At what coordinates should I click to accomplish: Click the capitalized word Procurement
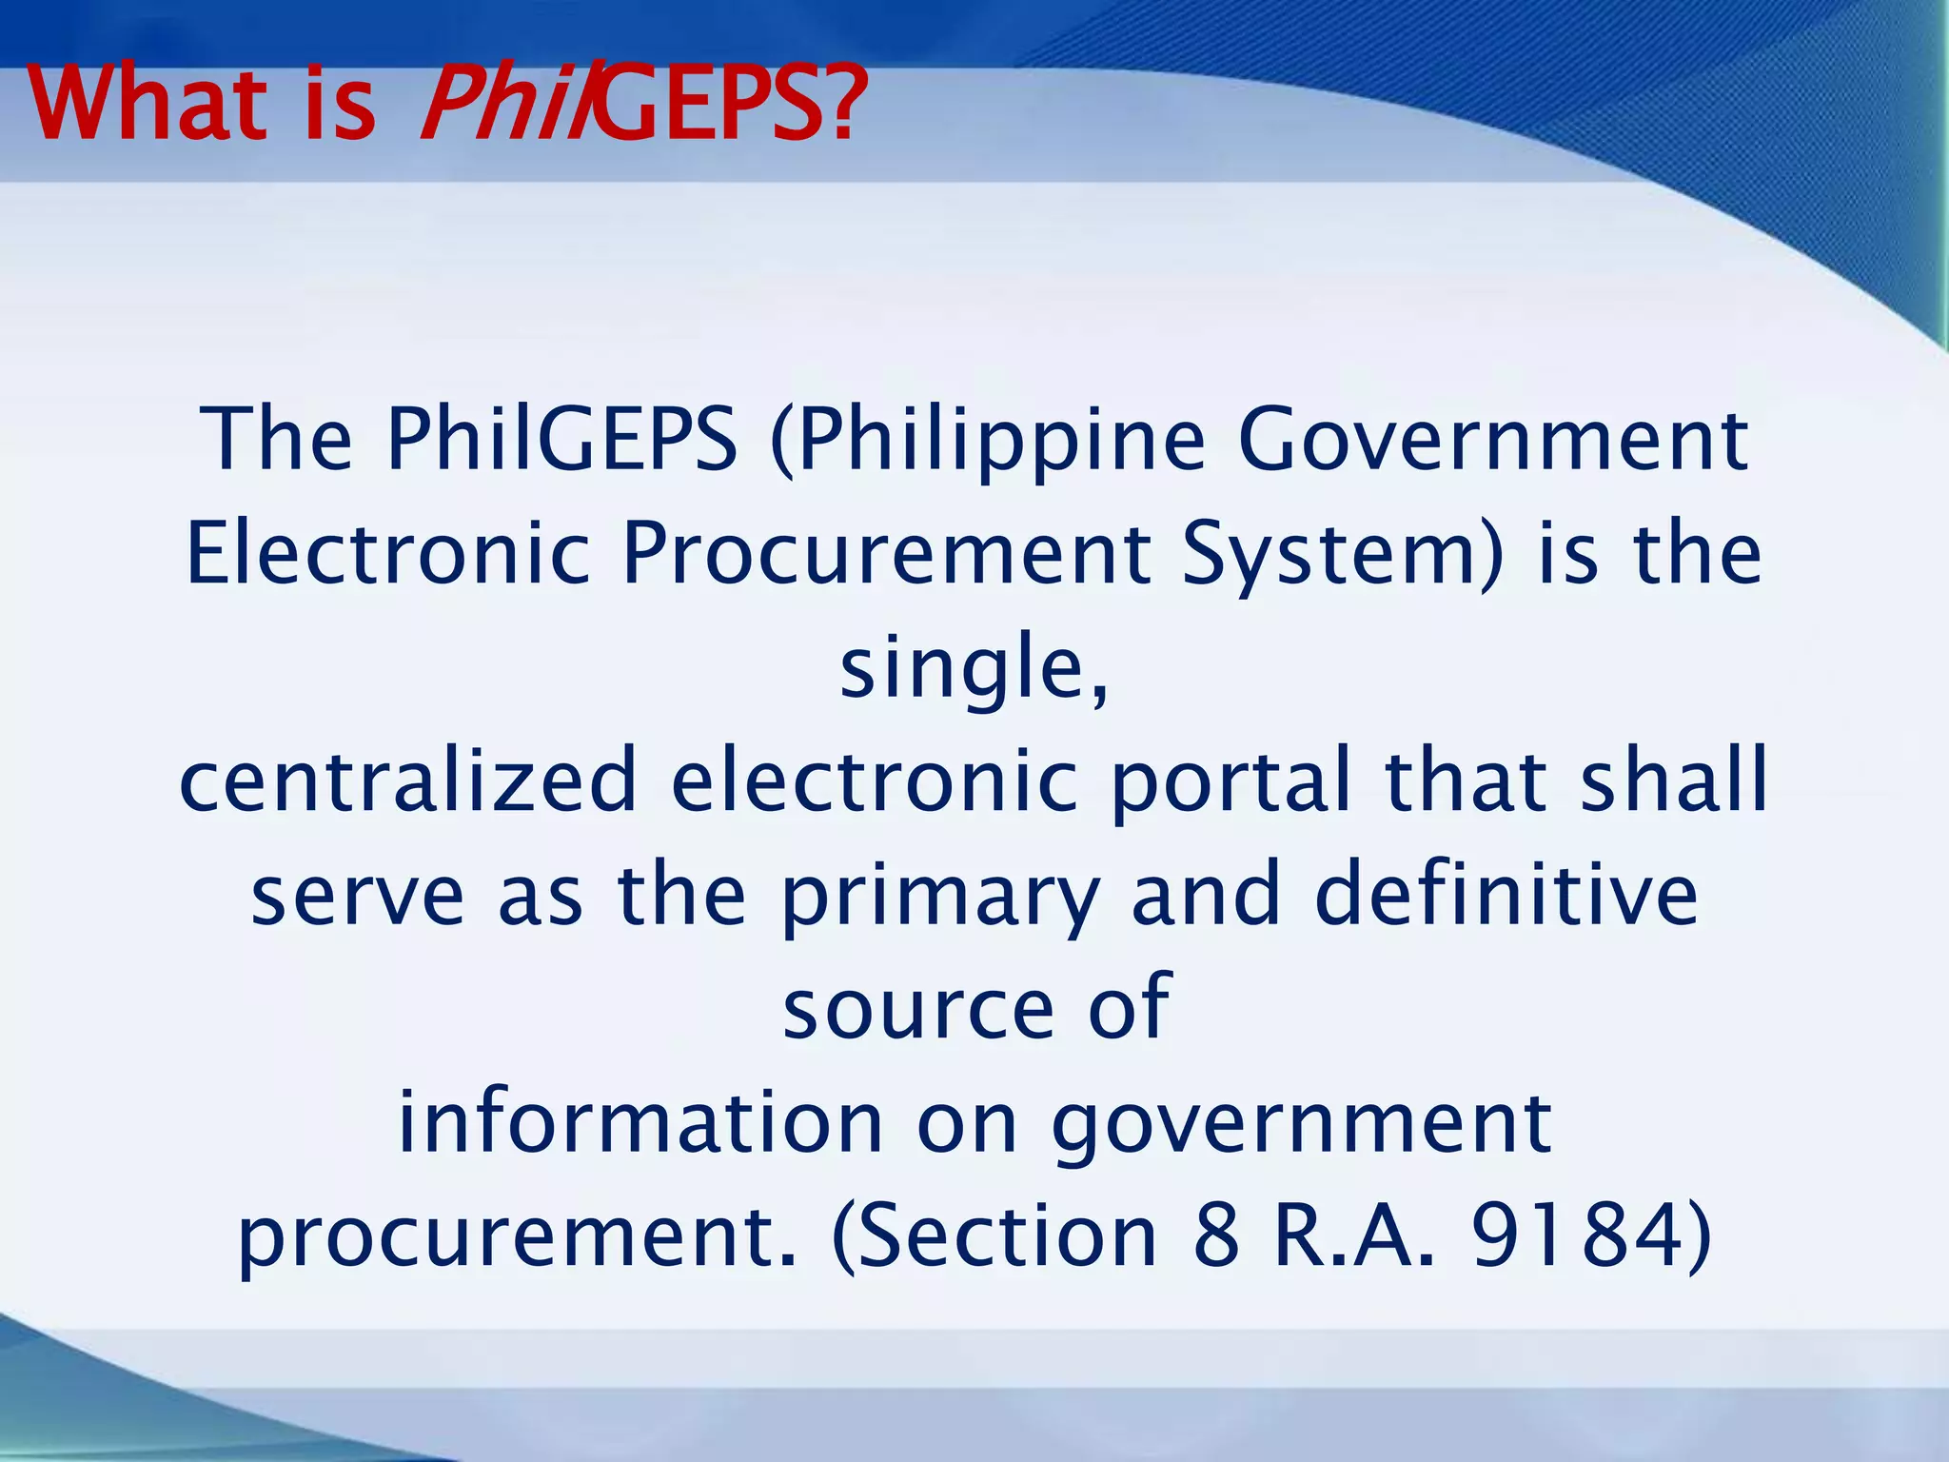click(885, 554)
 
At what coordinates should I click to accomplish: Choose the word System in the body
click(1332, 554)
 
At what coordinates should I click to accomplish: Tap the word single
click(961, 668)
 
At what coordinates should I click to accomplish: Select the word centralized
click(407, 780)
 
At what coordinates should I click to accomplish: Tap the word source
click(917, 1009)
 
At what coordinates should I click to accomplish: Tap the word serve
click(358, 897)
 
